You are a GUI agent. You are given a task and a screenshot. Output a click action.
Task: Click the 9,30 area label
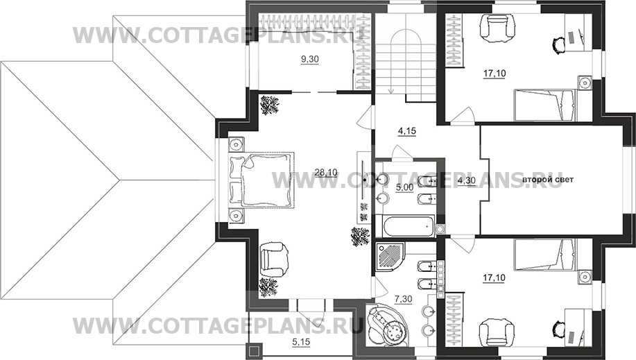(309, 59)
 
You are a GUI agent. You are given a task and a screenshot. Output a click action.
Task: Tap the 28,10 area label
(326, 173)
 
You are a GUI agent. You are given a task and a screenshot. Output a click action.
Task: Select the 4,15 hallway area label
(407, 132)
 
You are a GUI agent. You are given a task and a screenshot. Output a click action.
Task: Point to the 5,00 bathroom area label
(404, 188)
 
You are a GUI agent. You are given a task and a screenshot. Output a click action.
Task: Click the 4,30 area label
(466, 180)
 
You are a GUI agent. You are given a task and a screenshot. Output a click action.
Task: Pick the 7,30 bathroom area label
(403, 300)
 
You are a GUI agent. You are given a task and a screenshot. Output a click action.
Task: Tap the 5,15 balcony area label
(301, 343)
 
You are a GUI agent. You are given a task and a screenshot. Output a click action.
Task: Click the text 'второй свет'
(548, 180)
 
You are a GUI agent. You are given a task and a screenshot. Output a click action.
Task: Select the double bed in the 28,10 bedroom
(261, 180)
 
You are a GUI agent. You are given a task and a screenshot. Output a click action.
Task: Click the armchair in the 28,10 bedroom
(274, 259)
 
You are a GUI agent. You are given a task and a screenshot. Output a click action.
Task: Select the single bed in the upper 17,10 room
(544, 105)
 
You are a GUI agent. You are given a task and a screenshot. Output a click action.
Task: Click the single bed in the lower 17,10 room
(544, 255)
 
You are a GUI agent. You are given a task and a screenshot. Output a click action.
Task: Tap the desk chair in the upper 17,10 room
(559, 44)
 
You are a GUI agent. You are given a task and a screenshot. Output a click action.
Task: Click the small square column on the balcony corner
(255, 352)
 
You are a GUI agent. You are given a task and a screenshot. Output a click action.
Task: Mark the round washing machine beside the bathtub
(440, 230)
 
